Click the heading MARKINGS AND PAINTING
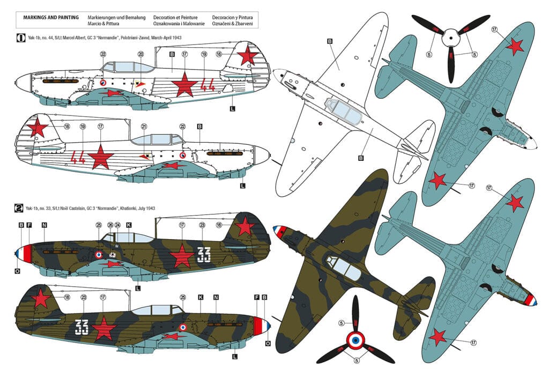pos(51,18)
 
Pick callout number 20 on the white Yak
pos(140,54)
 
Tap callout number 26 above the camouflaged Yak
pos(110,225)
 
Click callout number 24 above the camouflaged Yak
pos(117,225)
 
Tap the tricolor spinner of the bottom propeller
pos(355,339)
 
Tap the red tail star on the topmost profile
pos(247,55)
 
